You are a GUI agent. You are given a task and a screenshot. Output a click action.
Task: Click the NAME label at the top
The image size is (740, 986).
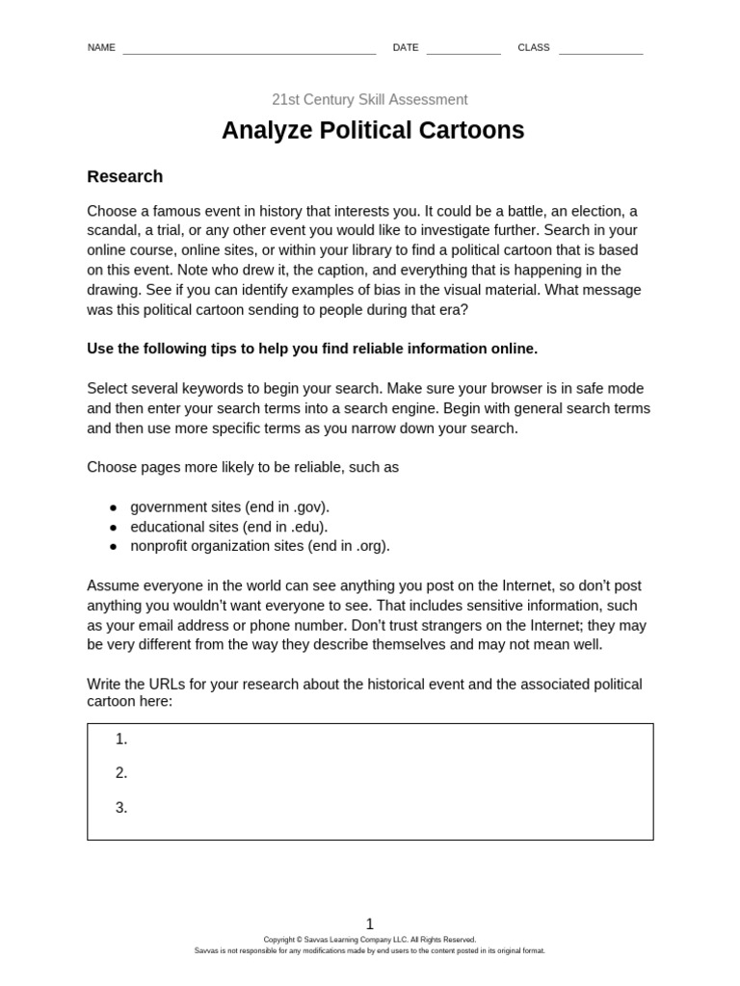tap(101, 47)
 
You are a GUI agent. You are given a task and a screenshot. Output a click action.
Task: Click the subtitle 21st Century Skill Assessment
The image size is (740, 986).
tap(370, 99)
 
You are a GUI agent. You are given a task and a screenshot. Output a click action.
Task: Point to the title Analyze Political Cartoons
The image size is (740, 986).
tap(373, 130)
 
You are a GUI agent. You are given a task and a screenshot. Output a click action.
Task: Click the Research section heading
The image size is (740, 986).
tap(124, 176)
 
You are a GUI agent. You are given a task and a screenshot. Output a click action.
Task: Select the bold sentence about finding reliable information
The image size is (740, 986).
tap(312, 349)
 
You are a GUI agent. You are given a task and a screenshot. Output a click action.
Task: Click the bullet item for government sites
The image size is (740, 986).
tap(229, 506)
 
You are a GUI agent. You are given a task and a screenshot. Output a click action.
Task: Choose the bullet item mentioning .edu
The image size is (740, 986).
tap(228, 527)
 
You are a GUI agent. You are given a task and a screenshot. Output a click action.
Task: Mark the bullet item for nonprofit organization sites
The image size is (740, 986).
tap(260, 546)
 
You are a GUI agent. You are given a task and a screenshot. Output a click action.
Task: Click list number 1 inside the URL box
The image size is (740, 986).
tap(121, 739)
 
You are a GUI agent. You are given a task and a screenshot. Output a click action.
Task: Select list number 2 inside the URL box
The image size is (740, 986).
tap(121, 773)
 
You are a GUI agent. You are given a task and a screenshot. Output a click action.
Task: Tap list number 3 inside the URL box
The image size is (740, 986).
tap(121, 808)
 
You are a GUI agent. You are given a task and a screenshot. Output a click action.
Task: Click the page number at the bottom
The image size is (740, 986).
tap(370, 923)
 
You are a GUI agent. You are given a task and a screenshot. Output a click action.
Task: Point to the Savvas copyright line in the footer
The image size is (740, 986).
tap(370, 940)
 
